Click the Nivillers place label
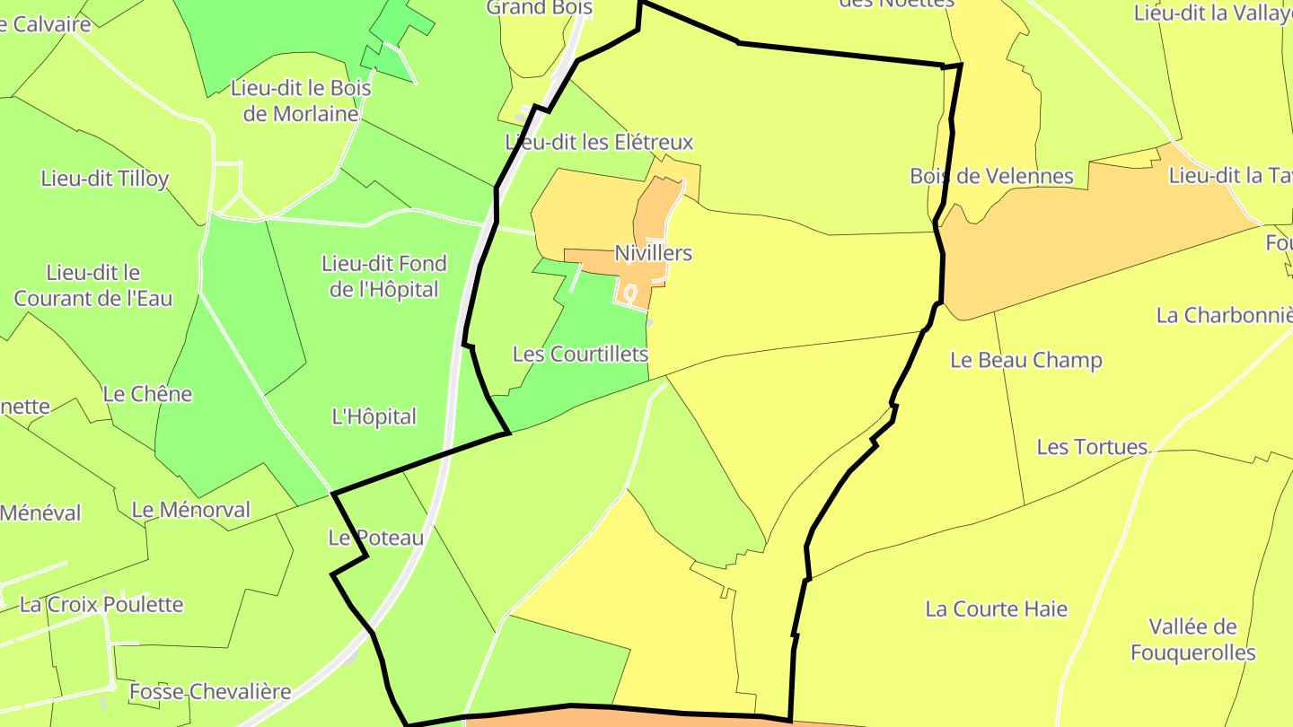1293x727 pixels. coord(653,253)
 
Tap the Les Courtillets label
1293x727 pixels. coord(580,355)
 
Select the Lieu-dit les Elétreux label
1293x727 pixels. coord(599,143)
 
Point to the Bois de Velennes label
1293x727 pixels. coord(991,176)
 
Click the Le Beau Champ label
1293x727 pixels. coord(1026,361)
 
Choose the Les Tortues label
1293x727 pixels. coord(1092,447)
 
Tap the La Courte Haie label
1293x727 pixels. coord(997,609)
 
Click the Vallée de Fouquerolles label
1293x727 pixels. coord(1192,640)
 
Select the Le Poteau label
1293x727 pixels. coord(375,539)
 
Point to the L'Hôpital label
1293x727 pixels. coord(374,417)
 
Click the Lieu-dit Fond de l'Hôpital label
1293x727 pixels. coord(384,276)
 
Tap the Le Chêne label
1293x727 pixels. coord(147,394)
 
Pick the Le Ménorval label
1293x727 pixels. coord(191,510)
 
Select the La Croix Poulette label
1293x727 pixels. coord(101,605)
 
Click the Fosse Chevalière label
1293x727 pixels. coord(210,692)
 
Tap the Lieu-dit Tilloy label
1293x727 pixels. coord(105,179)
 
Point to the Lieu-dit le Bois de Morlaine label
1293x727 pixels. coord(301,101)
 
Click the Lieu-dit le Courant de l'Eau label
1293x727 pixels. coord(93,285)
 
